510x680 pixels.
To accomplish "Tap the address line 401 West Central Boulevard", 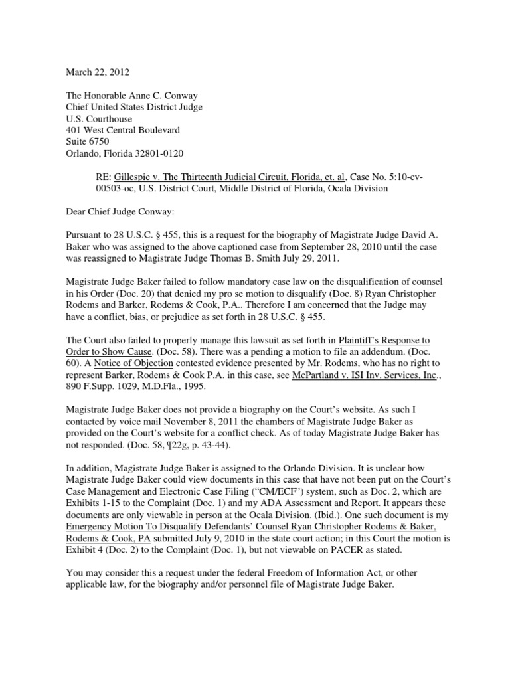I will tap(127, 129).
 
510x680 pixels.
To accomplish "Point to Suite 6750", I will tap(90, 141).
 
